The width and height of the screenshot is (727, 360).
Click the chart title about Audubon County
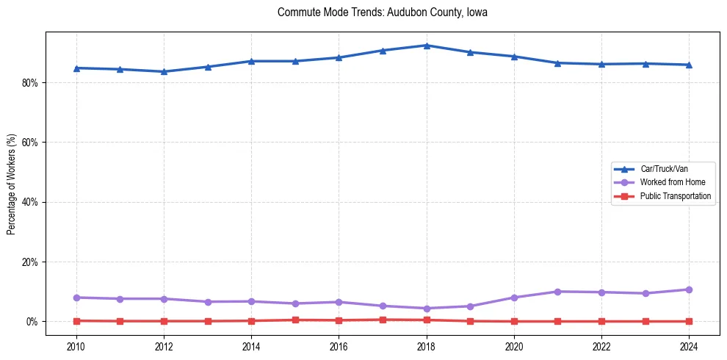pyautogui.click(x=382, y=12)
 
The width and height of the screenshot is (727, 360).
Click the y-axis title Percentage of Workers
pyautogui.click(x=12, y=184)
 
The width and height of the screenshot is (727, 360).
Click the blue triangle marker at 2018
pyautogui.click(x=426, y=46)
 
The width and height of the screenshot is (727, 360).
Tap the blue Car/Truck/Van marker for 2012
pyautogui.click(x=164, y=71)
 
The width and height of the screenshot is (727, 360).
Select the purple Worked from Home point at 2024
pyautogui.click(x=689, y=289)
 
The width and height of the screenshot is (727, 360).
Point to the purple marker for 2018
pyautogui.click(x=426, y=308)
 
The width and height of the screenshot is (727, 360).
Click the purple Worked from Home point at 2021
pyautogui.click(x=557, y=292)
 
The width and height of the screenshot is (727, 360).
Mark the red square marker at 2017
pyautogui.click(x=383, y=320)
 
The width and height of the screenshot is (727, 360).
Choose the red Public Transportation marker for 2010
pyautogui.click(x=76, y=320)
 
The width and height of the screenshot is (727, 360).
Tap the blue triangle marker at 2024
pyautogui.click(x=689, y=65)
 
